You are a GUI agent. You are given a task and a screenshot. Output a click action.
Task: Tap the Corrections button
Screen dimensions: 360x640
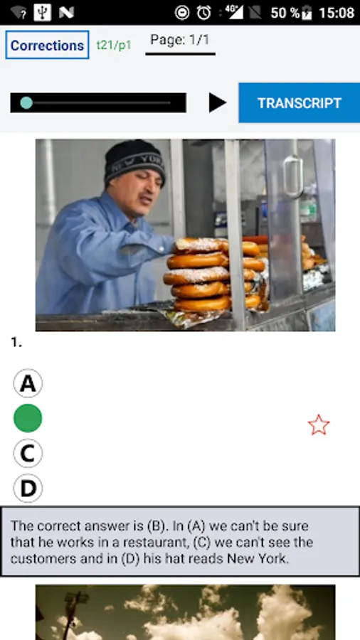pyautogui.click(x=47, y=45)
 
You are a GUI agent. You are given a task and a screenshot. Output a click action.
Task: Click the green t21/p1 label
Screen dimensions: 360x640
pyautogui.click(x=114, y=46)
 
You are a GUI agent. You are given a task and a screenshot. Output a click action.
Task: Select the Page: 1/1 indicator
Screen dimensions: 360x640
pyautogui.click(x=180, y=40)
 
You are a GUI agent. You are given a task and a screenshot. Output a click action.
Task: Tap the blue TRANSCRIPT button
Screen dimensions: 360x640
pyautogui.click(x=300, y=103)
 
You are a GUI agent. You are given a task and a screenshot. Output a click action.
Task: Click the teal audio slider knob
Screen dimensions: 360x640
pyautogui.click(x=26, y=103)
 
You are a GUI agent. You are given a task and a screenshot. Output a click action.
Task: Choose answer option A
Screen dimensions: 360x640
pyautogui.click(x=28, y=383)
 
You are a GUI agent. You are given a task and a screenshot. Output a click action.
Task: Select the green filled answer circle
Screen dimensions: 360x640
pyautogui.click(x=28, y=418)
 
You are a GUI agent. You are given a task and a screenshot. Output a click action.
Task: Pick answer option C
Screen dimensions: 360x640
pyautogui.click(x=28, y=453)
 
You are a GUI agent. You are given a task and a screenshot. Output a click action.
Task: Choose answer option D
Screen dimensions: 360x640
pyautogui.click(x=28, y=488)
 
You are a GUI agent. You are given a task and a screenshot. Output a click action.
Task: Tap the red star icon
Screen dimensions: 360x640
pyautogui.click(x=318, y=425)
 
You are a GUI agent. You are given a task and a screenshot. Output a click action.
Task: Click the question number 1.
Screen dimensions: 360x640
pyautogui.click(x=16, y=343)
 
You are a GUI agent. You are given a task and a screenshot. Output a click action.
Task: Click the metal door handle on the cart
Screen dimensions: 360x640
pyautogui.click(x=293, y=177)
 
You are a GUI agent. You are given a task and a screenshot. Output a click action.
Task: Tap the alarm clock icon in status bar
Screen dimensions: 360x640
pyautogui.click(x=203, y=13)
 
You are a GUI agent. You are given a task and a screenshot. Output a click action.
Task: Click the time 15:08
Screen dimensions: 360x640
pyautogui.click(x=337, y=13)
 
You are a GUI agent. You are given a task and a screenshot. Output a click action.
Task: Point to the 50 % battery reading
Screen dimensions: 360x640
pyautogui.click(x=285, y=13)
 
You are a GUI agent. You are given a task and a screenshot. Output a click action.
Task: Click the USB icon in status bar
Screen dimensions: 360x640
pyautogui.click(x=43, y=13)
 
